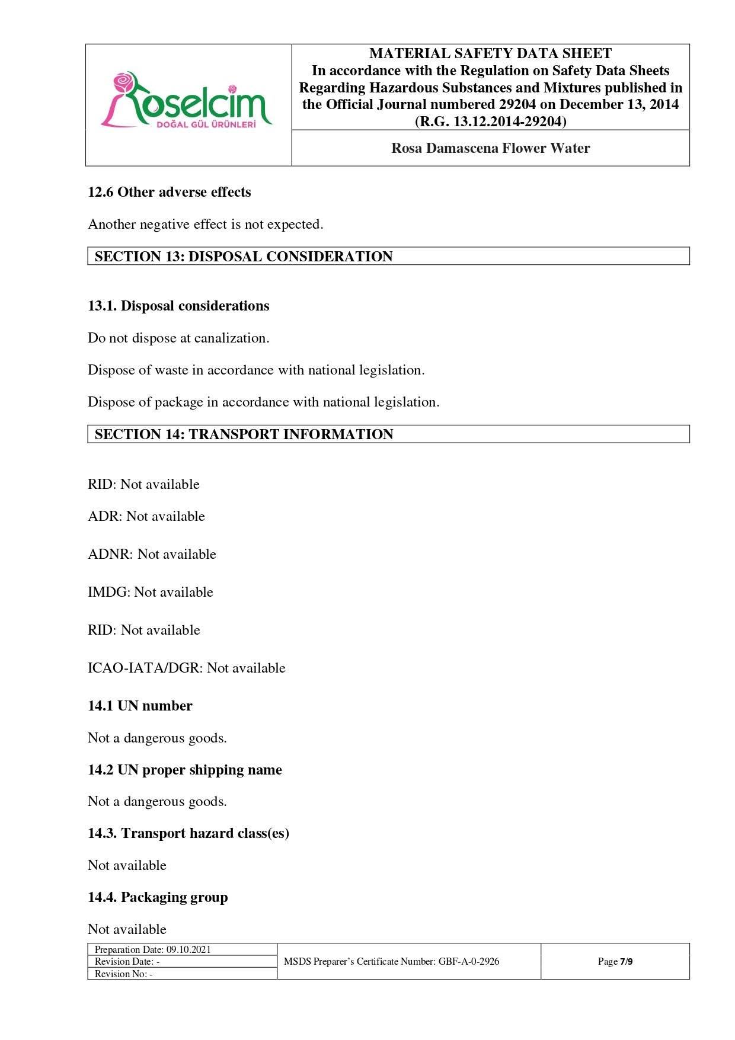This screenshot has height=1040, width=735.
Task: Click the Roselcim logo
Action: coord(187,101)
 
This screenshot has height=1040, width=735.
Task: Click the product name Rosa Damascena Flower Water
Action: coord(490,148)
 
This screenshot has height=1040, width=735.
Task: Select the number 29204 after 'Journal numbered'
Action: coord(516,105)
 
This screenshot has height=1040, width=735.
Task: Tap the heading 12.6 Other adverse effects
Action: coord(169,192)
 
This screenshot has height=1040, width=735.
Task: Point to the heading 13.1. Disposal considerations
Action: coord(178,306)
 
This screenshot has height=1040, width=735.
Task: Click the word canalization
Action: coord(232,338)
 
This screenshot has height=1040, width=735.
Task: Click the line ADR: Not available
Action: coord(146,516)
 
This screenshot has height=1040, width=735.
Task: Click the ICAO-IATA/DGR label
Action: coord(145,668)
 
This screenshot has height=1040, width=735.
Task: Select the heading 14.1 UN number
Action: coord(140,706)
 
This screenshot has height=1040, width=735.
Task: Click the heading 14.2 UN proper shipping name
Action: coord(185,770)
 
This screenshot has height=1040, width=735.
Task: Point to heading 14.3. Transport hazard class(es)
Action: coord(188,833)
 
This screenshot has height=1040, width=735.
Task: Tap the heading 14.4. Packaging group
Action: coord(158,897)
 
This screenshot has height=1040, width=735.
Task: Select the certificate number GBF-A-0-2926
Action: coord(469,961)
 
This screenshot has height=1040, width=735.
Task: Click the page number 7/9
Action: coord(626,961)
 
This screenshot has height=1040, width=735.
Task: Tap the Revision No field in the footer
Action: coord(124,974)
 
